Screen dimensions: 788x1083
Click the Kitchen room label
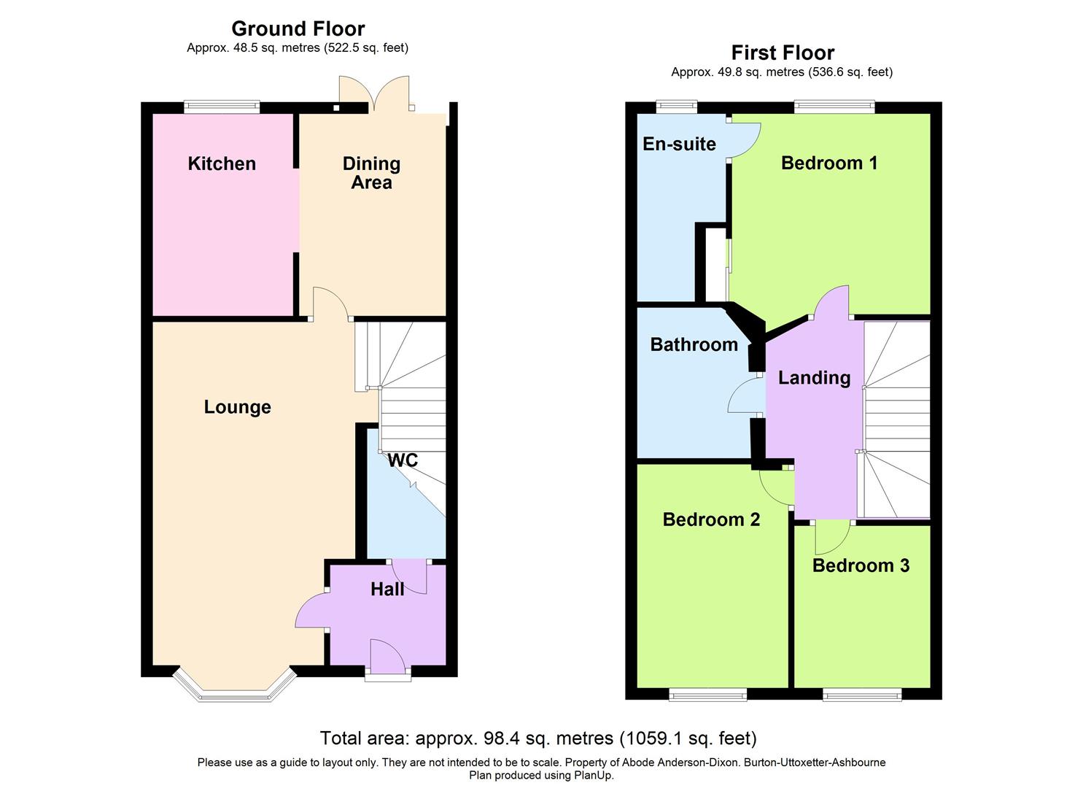[x=222, y=163]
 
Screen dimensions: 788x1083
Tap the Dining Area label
[x=371, y=173]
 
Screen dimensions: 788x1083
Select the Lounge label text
[x=237, y=407]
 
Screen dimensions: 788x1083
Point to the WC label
[x=403, y=460]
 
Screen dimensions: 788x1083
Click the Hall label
[x=387, y=590]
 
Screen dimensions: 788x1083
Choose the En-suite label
[x=679, y=144]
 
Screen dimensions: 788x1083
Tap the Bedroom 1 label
[x=829, y=163]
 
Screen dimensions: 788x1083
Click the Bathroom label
[x=694, y=344]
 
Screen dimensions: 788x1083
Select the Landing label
[x=814, y=378]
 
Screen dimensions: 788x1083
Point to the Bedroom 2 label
[x=711, y=519]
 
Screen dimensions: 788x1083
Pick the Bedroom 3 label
[x=861, y=565]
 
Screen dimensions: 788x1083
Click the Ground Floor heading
[x=298, y=28]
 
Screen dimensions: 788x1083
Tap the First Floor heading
[x=783, y=53]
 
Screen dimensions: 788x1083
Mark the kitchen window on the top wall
[x=222, y=107]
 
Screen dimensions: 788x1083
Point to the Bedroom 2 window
[x=707, y=695]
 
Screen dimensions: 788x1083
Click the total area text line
[x=538, y=738]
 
